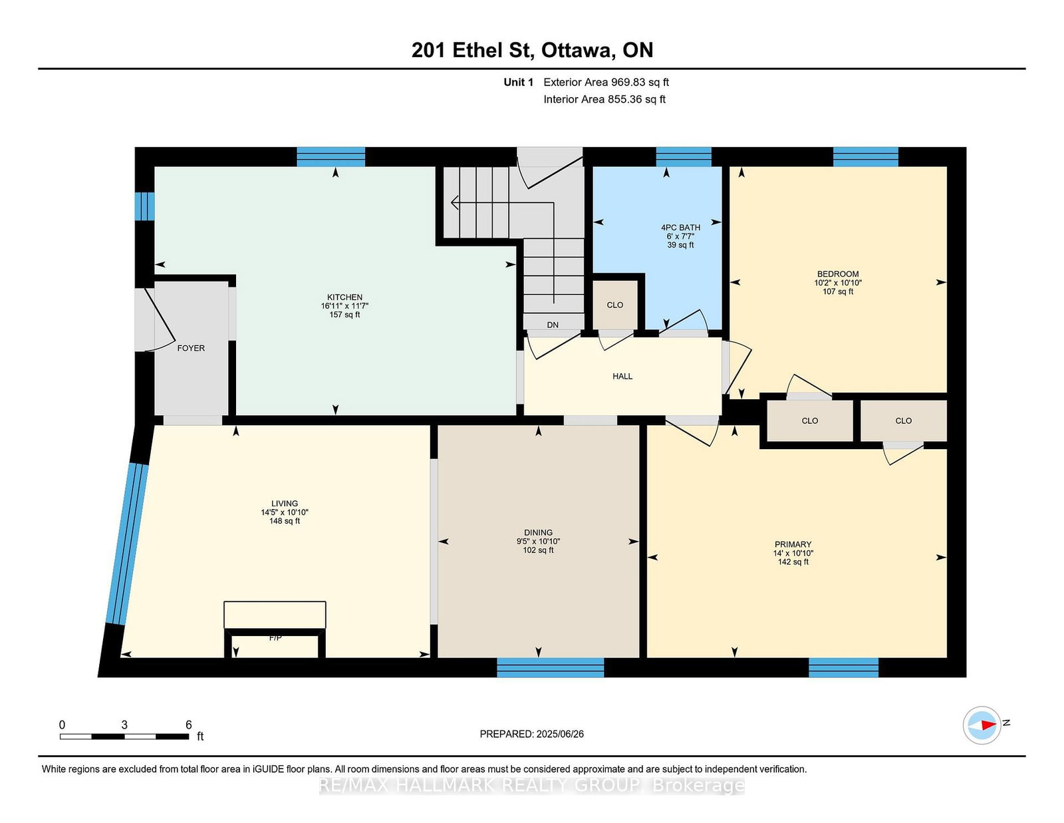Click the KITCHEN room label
pos(344,297)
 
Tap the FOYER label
pos(191,348)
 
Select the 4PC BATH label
pos(680,228)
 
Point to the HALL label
pos(622,377)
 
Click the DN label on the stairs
pos(553,325)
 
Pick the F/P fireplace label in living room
pos(275,638)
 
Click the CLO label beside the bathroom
pos(615,305)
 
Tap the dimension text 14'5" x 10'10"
pos(285,512)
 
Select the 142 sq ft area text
pos(793,562)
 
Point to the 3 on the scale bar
pos(124,725)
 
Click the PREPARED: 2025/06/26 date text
pos(531,734)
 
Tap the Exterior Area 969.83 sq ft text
pos(606,82)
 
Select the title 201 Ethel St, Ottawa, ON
pos(532,50)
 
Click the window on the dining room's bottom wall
pos(551,667)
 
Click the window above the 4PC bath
pos(684,156)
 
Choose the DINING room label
pos(538,532)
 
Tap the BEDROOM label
pos(837,274)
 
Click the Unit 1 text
pos(518,82)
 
